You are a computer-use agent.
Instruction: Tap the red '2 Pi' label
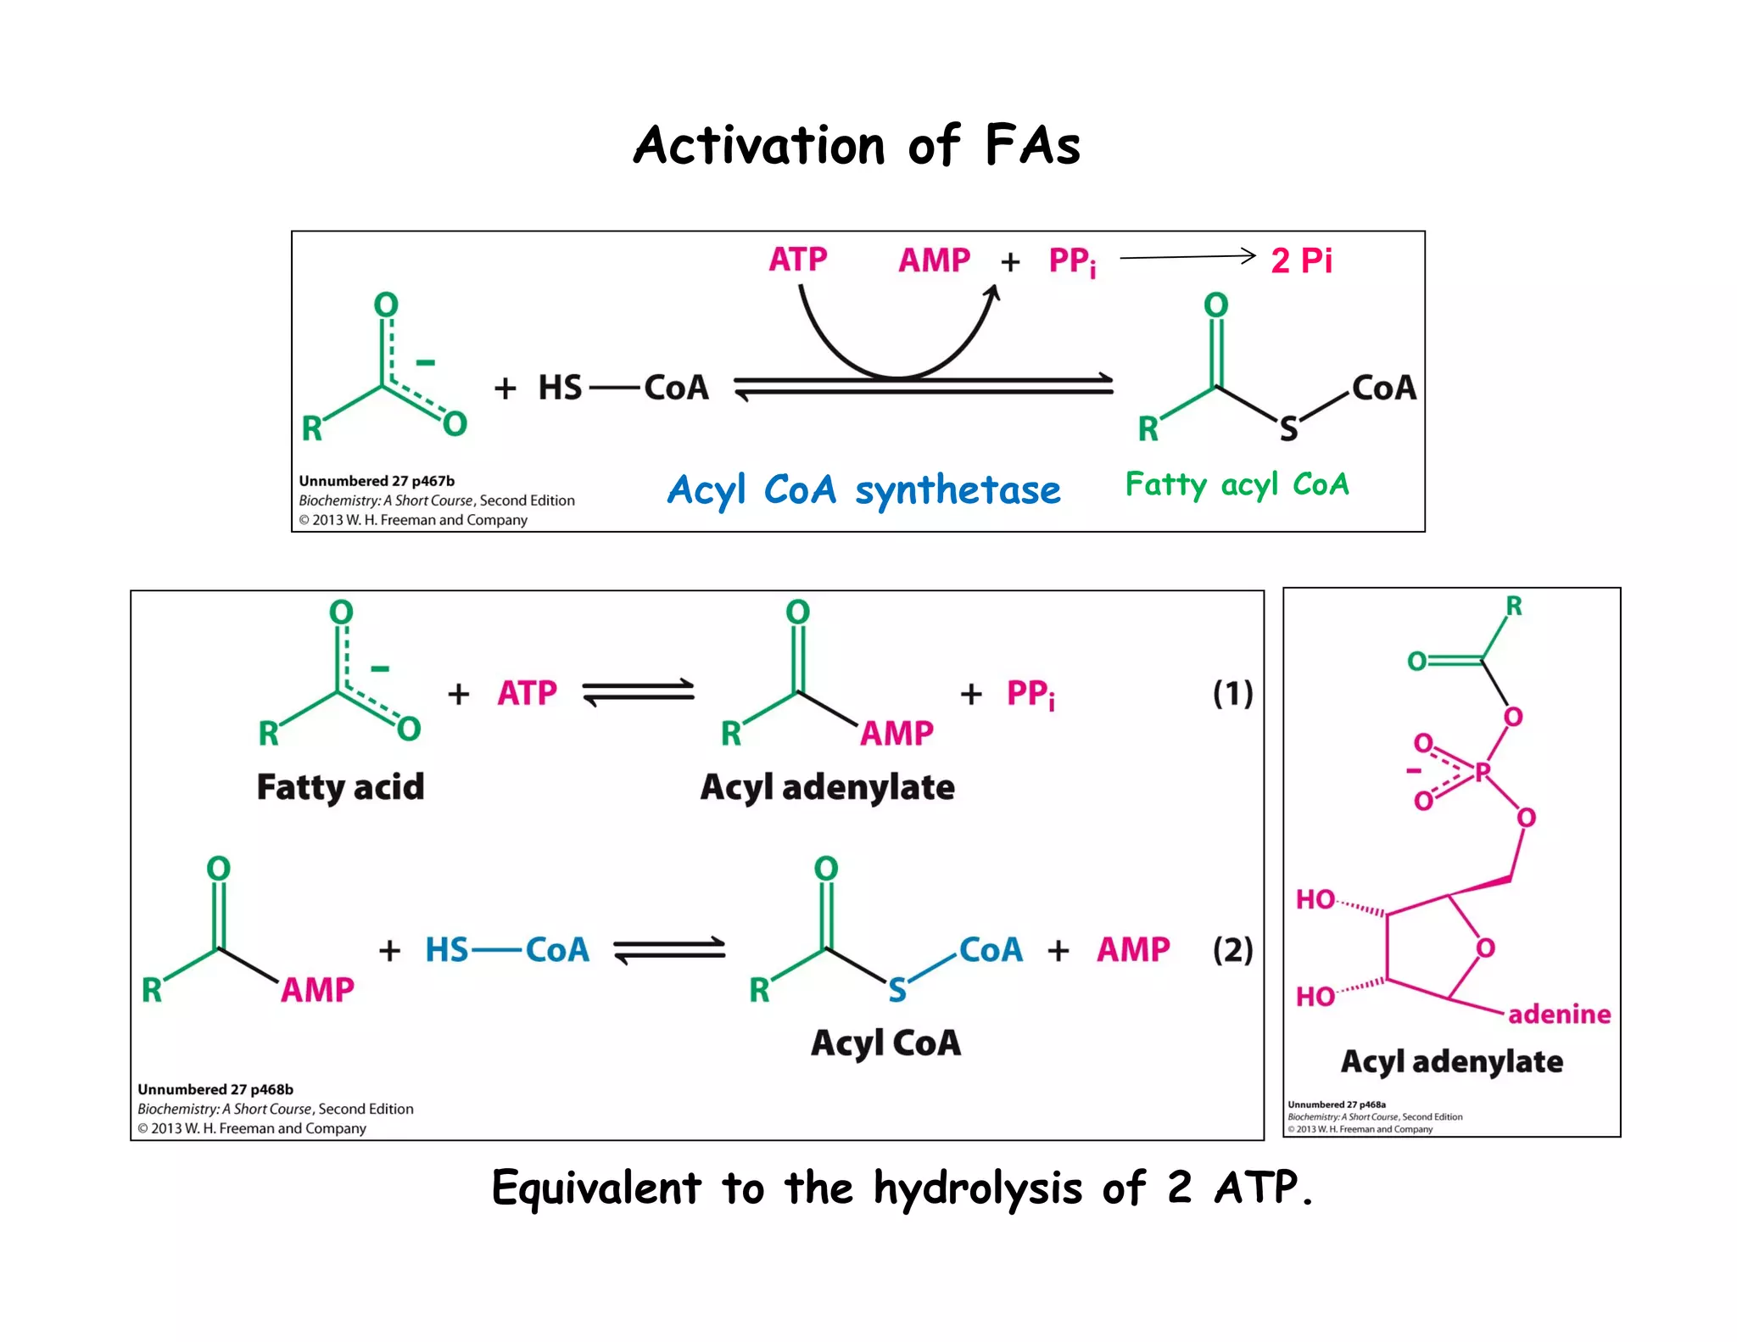coord(1301,260)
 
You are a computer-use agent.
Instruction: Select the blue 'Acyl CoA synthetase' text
coord(863,490)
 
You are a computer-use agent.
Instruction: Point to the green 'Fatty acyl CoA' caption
coord(1237,484)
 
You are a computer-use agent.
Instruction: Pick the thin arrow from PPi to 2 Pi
coord(1187,256)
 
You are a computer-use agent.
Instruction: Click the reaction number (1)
coord(1232,693)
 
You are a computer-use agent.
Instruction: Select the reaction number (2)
coord(1232,949)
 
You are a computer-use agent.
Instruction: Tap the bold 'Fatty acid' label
coord(340,787)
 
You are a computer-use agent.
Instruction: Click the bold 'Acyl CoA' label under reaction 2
coord(885,1043)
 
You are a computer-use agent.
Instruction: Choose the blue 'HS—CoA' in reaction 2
coord(506,949)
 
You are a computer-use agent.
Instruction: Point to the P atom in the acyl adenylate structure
coord(1483,772)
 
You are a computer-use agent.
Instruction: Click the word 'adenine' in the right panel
coord(1559,1014)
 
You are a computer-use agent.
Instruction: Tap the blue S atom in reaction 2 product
coord(897,990)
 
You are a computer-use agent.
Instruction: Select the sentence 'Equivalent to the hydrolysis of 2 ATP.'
coord(902,1188)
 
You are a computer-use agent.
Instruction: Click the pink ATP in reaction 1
coord(527,693)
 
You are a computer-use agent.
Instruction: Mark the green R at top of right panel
coord(1514,606)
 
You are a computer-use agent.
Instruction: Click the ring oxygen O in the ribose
coord(1485,948)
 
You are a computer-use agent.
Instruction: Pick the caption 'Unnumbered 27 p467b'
coord(376,481)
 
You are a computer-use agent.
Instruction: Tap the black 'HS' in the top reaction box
coord(560,388)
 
